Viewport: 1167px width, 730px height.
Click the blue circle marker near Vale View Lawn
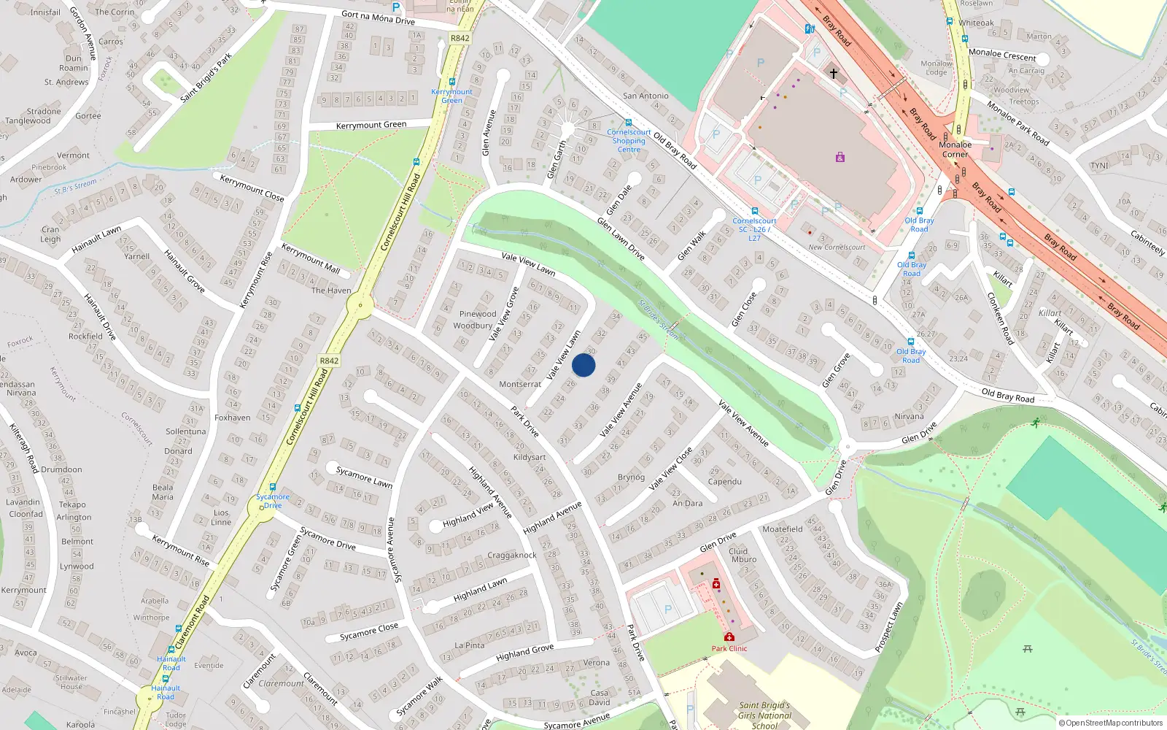[583, 365]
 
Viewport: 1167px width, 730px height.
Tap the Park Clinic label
[729, 648]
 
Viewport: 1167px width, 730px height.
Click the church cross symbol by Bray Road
[834, 74]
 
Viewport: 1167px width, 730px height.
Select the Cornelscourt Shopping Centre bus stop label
[629, 141]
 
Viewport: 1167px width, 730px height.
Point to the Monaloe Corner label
[955, 150]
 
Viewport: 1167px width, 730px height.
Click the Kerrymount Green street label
[371, 126]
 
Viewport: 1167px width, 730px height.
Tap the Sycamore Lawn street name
[364, 477]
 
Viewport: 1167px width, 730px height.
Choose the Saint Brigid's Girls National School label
[764, 715]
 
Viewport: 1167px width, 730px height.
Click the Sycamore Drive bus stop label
[273, 501]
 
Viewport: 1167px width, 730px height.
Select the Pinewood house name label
[478, 314]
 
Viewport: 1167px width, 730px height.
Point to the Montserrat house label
[520, 384]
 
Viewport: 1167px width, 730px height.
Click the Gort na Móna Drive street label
[378, 17]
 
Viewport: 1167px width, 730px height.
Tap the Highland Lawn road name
[480, 590]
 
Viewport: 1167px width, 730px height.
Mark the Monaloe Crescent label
[1002, 55]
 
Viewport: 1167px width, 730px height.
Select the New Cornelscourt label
[837, 247]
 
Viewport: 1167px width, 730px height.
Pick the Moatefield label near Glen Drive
[782, 529]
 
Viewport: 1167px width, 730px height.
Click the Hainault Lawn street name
[96, 240]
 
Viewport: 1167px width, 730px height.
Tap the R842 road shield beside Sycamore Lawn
[329, 361]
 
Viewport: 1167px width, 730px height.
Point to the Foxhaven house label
[233, 418]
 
